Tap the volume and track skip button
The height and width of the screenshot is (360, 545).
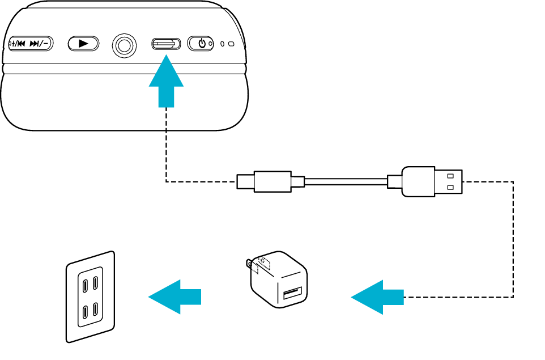point(31,44)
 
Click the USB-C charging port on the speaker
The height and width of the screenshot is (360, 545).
point(166,44)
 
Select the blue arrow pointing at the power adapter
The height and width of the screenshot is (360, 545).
point(377,297)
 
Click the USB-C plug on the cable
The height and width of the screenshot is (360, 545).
point(271,181)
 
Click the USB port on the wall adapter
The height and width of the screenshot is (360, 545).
point(292,293)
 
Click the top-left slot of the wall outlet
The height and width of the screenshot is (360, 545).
point(84,284)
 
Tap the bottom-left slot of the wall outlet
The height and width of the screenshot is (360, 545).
point(84,312)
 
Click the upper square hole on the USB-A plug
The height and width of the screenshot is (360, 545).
point(450,175)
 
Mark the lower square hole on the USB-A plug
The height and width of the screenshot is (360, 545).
point(450,187)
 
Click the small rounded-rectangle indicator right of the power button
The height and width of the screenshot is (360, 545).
point(231,44)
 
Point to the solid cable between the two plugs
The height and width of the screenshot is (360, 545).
point(346,181)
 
